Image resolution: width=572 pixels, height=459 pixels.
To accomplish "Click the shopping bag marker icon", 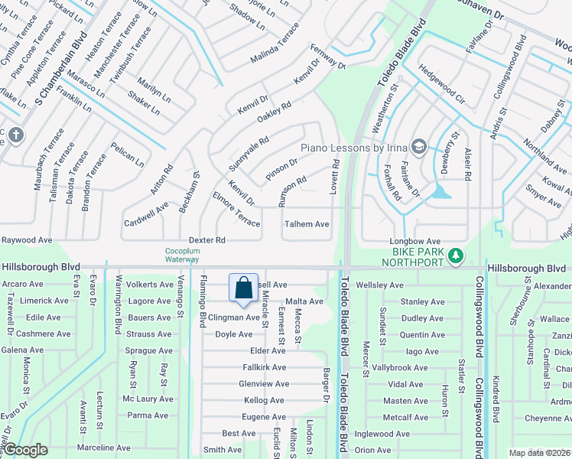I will [244, 288].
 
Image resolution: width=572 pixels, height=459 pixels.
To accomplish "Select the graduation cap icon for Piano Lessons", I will [418, 146].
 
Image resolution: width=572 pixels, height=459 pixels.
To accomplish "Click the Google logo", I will [24, 450].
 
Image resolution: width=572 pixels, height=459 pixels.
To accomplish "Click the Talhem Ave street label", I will [307, 224].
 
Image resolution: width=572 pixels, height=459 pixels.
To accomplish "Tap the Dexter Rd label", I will [207, 239].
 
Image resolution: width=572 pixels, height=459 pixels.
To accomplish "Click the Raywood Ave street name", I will [27, 239].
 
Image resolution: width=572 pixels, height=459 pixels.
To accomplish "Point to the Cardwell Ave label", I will [146, 215].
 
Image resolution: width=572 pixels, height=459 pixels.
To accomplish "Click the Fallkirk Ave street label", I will [265, 367].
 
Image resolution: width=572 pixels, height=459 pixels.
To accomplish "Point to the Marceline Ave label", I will [105, 448].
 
